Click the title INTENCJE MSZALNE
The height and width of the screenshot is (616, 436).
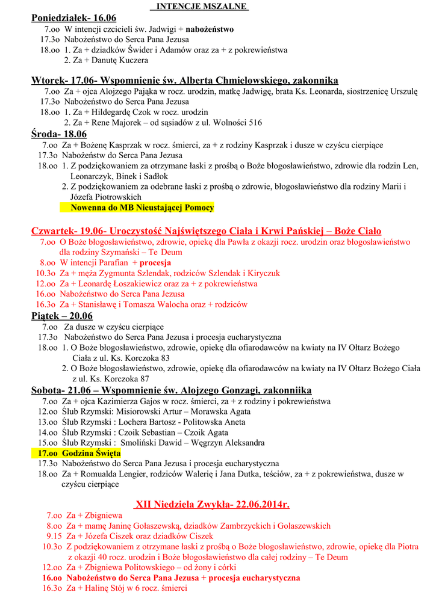194,6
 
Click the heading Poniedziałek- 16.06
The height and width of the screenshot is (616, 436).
73,18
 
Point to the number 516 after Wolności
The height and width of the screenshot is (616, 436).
255,123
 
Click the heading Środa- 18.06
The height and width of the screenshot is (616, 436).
59,134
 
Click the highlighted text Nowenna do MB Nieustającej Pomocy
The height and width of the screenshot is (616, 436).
142,208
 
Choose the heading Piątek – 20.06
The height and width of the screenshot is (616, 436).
62,316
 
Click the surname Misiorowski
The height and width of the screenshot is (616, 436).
130,411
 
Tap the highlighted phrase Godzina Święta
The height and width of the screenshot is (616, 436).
91,453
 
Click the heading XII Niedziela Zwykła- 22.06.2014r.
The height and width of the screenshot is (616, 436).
213,504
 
